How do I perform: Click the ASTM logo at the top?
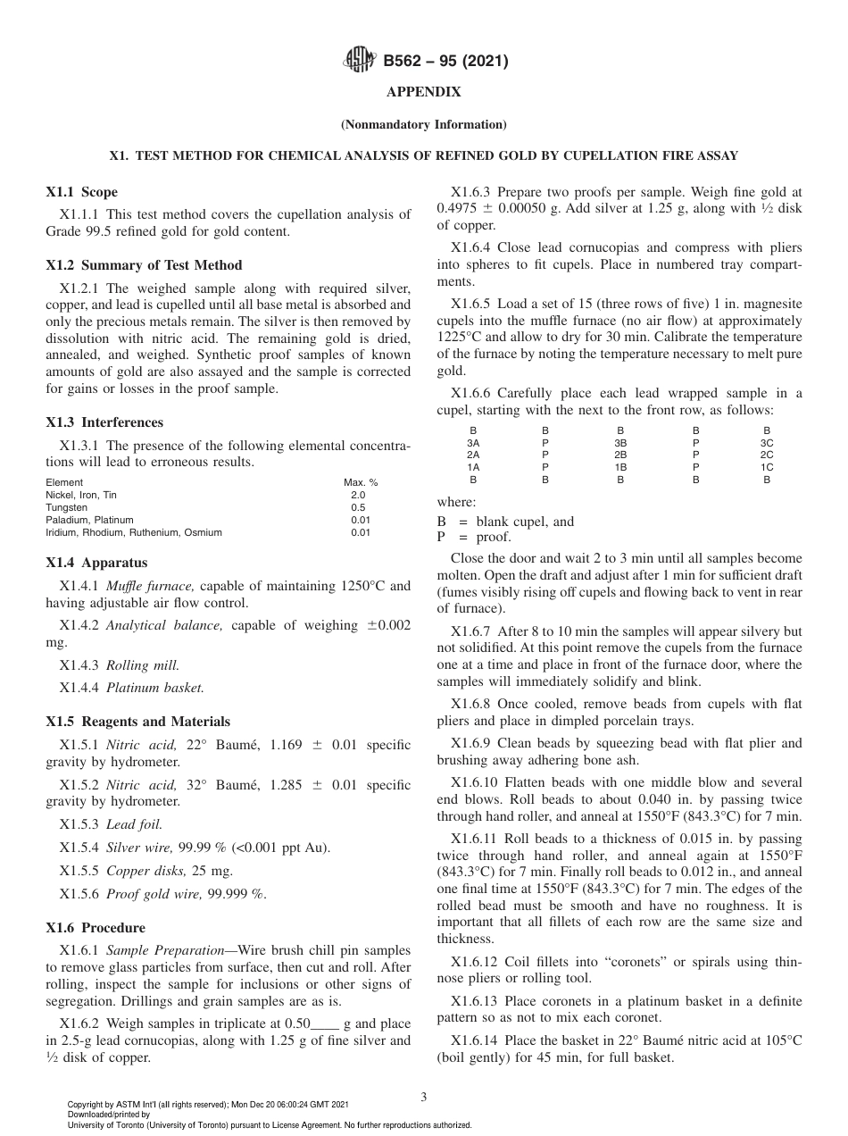tap(361, 62)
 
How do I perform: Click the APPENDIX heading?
tap(423, 92)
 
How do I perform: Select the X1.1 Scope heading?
tap(81, 192)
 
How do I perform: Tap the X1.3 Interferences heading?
tap(104, 422)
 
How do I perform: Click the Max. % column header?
tap(361, 482)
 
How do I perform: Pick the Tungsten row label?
tap(66, 507)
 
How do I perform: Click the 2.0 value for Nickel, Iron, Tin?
tap(357, 495)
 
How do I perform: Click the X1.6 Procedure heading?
tap(95, 928)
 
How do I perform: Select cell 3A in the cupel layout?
tap(473, 442)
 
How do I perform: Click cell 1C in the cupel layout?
tap(766, 467)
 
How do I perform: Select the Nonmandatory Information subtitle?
tap(423, 124)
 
